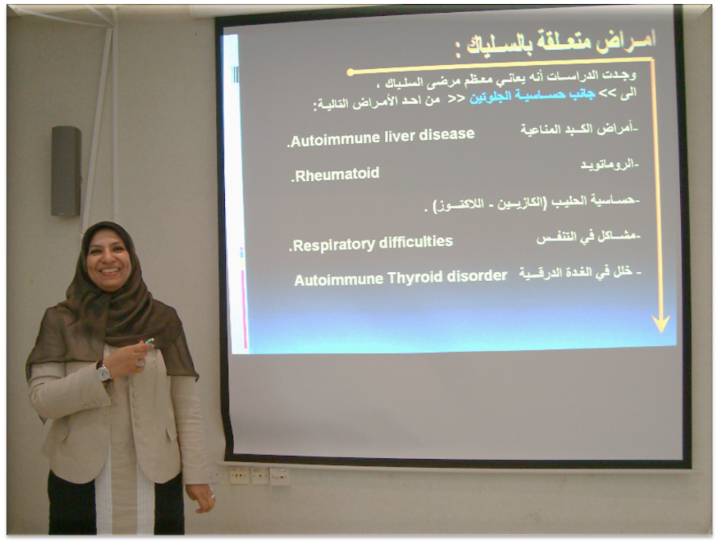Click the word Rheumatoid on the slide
tap(337, 174)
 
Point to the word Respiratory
tap(333, 245)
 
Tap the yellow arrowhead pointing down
tap(660, 323)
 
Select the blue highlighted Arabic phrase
tap(532, 96)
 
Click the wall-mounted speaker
tap(66, 170)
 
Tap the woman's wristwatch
tap(103, 373)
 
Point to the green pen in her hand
tap(149, 341)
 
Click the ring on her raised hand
tap(140, 364)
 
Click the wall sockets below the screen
tap(259, 476)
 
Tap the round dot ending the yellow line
tap(351, 73)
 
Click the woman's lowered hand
tap(201, 498)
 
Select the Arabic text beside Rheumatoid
tap(610, 165)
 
